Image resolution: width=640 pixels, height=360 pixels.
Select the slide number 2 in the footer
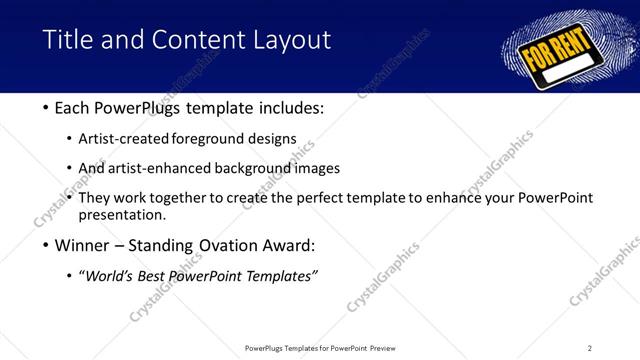(x=590, y=347)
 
